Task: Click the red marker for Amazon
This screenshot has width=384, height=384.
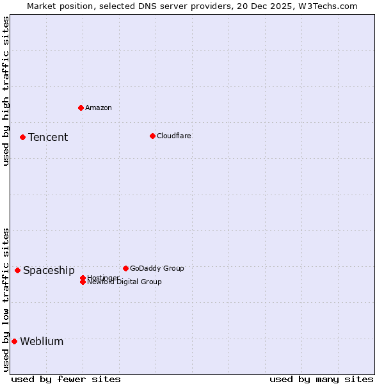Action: click(81, 108)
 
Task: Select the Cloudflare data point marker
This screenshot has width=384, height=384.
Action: click(152, 136)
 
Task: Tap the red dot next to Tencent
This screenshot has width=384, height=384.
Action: click(22, 137)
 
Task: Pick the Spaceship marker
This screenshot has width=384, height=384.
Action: click(17, 270)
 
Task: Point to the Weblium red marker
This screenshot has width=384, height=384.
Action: click(14, 341)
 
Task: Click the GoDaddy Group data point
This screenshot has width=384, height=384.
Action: click(125, 268)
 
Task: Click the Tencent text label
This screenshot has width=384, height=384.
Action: click(48, 138)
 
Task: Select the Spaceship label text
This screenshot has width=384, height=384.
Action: click(49, 271)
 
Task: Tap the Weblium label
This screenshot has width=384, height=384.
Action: click(42, 342)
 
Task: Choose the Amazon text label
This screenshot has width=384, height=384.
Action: click(99, 108)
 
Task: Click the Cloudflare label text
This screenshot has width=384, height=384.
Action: click(174, 136)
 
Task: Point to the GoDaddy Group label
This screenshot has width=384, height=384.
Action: click(157, 268)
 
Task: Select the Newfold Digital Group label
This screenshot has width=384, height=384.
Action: click(125, 282)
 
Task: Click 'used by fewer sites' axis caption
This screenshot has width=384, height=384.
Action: click(66, 379)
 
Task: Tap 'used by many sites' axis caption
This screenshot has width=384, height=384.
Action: click(321, 379)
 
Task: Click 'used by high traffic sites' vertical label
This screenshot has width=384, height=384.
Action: click(6, 91)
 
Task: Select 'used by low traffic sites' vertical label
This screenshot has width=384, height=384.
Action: click(6, 300)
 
